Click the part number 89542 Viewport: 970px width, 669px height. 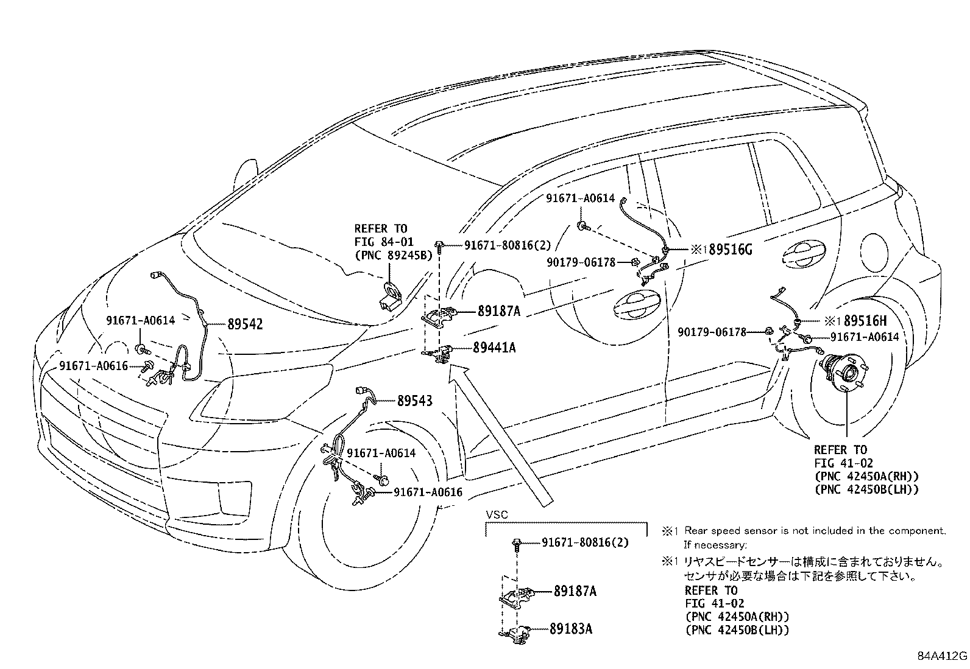[245, 324]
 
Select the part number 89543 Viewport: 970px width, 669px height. [415, 401]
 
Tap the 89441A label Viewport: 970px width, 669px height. [494, 348]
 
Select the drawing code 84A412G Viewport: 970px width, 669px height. [943, 656]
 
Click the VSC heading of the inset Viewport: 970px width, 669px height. [496, 514]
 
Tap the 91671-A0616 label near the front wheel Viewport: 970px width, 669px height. [428, 492]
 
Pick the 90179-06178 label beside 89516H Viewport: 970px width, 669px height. [720, 332]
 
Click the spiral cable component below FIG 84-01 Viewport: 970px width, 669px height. [390, 296]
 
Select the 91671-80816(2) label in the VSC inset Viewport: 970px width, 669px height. [585, 542]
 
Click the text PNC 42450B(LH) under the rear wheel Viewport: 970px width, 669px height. [866, 489]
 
